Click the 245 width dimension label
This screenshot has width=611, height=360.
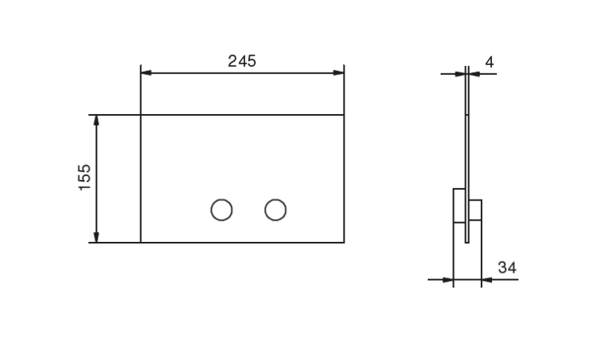click(242, 61)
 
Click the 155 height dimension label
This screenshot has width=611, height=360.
click(85, 178)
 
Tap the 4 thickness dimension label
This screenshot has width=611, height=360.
click(490, 63)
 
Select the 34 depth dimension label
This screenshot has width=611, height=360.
click(508, 268)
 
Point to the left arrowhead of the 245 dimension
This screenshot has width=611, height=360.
click(146, 72)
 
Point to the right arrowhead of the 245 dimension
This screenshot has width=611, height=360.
click(339, 72)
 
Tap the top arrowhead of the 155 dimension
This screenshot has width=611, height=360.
click(96, 120)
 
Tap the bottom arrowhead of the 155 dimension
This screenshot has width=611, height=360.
click(96, 237)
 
